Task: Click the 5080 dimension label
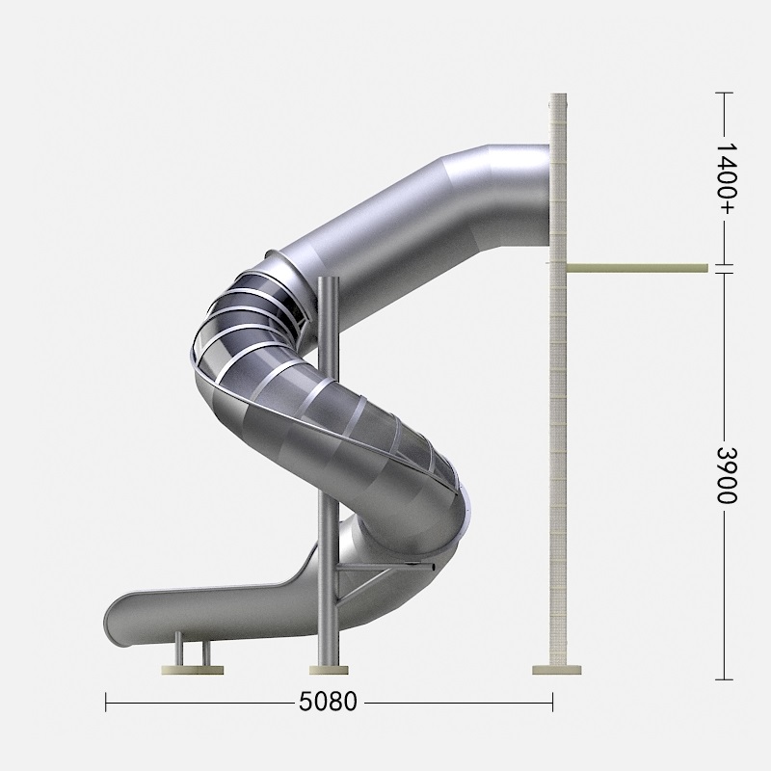click(x=328, y=702)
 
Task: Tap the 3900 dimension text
click(x=727, y=475)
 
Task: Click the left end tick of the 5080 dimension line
click(x=106, y=703)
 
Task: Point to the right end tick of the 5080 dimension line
click(x=552, y=703)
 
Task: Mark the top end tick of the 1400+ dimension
click(x=724, y=93)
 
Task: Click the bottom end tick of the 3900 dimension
click(x=724, y=679)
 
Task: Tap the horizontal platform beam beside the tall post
click(x=637, y=268)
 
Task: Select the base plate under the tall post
click(x=557, y=670)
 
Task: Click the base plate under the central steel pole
click(x=329, y=670)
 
